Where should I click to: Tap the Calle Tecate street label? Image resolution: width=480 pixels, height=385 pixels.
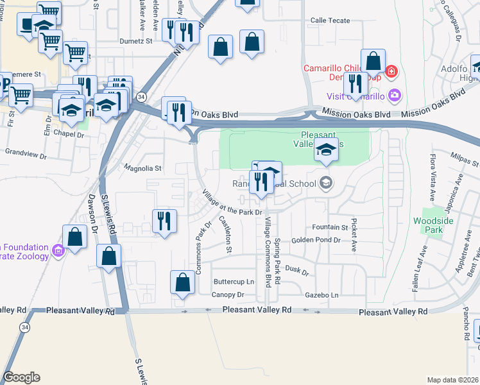click(x=330, y=21)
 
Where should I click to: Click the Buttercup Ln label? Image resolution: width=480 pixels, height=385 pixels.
click(x=234, y=282)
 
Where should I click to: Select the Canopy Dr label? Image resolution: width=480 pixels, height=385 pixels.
click(x=228, y=295)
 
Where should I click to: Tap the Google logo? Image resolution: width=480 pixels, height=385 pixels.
click(x=21, y=377)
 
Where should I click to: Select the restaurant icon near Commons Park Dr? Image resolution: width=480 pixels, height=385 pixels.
click(x=164, y=221)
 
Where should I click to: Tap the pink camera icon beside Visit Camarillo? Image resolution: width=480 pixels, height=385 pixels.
click(x=394, y=96)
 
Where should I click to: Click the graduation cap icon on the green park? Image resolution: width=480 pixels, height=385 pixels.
click(x=326, y=150)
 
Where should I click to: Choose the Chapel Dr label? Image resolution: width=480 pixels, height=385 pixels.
click(x=69, y=135)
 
